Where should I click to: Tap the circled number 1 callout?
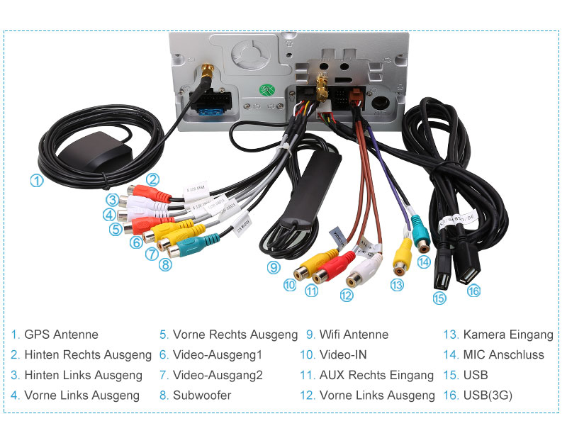pyautogui.click(x=36, y=181)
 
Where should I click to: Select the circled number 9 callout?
pyautogui.click(x=274, y=267)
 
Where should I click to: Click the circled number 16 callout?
pyautogui.click(x=473, y=290)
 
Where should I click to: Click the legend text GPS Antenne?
pyautogui.click(x=61, y=335)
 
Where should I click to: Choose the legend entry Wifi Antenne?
pyautogui.click(x=354, y=335)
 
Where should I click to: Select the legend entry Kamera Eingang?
pyautogui.click(x=507, y=335)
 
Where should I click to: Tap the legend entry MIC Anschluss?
pyautogui.click(x=503, y=355)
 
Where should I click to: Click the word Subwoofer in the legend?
pyautogui.click(x=202, y=396)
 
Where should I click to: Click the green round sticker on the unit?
pyautogui.click(x=266, y=91)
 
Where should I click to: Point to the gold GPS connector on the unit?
pyautogui.click(x=208, y=72)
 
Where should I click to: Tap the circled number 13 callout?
pyautogui.click(x=397, y=285)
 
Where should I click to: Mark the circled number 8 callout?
pyautogui.click(x=165, y=265)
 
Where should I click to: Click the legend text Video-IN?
pyautogui.click(x=343, y=355)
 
